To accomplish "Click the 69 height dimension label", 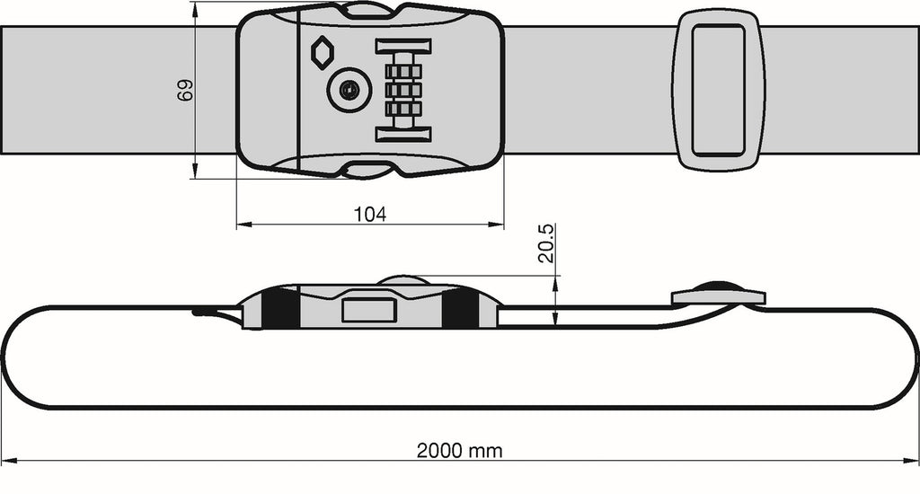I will (185, 90).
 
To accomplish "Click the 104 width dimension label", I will (370, 214).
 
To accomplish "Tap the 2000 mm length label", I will (459, 450).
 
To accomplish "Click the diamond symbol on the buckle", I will (322, 53).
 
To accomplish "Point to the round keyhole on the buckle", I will (349, 90).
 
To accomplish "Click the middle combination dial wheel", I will (403, 90).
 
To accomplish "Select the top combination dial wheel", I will (403, 71).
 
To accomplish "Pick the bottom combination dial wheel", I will (403, 109).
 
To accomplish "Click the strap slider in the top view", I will (721, 90).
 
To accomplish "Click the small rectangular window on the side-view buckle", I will (369, 310).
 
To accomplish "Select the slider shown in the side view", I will (718, 295).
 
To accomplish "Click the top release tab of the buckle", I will (368, 10).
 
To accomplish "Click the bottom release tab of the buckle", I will (368, 170).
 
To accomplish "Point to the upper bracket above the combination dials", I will (403, 46).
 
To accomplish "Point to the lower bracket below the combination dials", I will (403, 134).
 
